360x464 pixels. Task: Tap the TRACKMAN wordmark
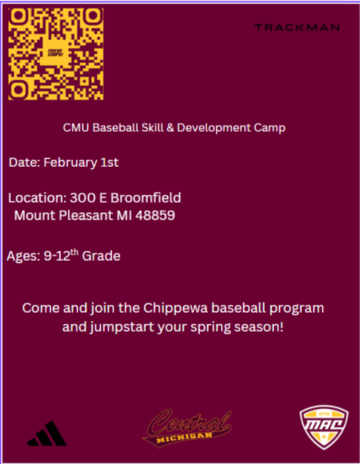(297, 28)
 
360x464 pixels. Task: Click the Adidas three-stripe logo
(47, 433)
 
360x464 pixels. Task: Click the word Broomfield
(147, 199)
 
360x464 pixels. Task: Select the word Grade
(101, 257)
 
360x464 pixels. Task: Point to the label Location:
(37, 199)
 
